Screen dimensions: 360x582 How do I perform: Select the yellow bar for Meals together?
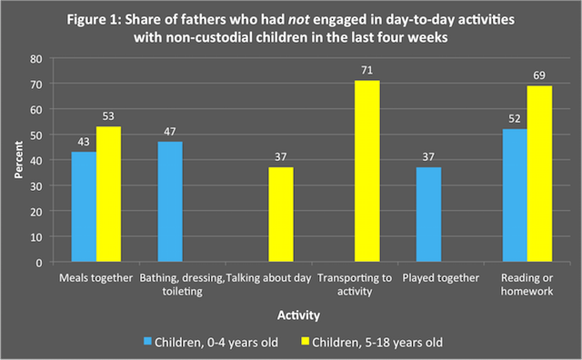point(108,195)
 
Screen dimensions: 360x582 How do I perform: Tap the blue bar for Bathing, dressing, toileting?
point(170,202)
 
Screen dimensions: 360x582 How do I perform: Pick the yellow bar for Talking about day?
point(282,215)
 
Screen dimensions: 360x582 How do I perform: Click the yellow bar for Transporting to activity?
point(367,172)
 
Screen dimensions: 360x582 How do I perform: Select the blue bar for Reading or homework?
point(515,195)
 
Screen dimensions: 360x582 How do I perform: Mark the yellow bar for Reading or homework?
point(540,174)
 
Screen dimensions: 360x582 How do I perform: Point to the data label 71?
point(367,72)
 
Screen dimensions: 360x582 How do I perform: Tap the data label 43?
point(83,144)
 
